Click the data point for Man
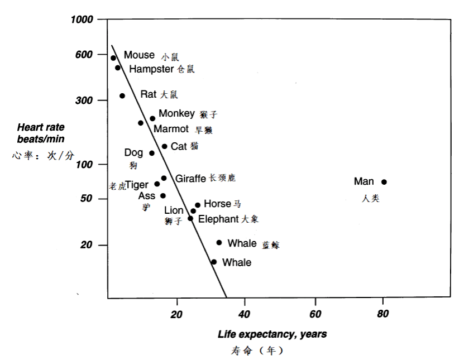click(x=384, y=182)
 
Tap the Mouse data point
click(x=113, y=58)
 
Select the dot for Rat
click(x=122, y=96)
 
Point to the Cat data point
click(x=165, y=146)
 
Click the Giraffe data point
click(x=164, y=178)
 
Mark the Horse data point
click(x=198, y=205)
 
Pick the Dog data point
click(x=152, y=153)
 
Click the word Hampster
click(x=151, y=69)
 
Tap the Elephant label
click(x=218, y=219)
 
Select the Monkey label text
click(x=176, y=114)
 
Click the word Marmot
click(x=171, y=129)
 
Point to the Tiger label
click(x=137, y=185)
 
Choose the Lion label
click(x=173, y=210)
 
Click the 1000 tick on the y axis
click(x=83, y=20)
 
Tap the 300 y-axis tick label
click(x=85, y=100)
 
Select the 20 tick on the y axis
click(x=88, y=246)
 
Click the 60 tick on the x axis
click(x=315, y=315)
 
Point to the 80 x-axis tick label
click(x=383, y=315)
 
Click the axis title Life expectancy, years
click(x=272, y=334)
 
